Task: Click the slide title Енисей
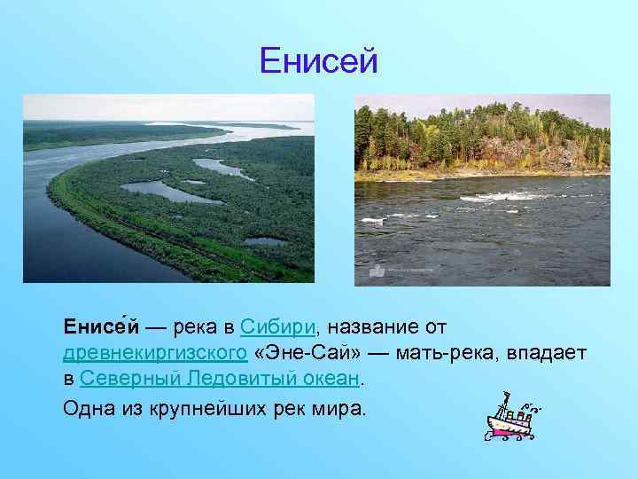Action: point(319,60)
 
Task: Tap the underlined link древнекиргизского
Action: point(155,354)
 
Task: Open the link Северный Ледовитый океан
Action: point(220,380)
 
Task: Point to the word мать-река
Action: point(443,354)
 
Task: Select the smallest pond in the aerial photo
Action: point(265,240)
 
